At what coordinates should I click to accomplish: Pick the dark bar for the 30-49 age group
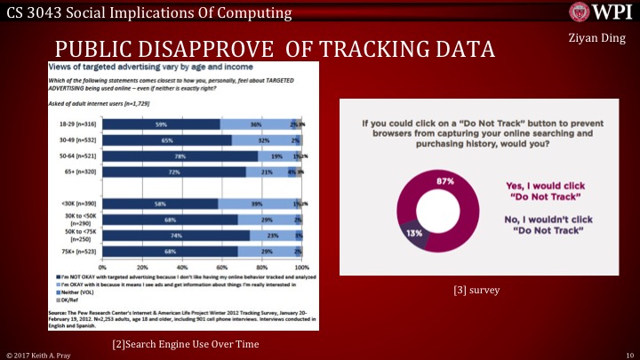coord(166,140)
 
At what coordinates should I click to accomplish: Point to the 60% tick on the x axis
coord(221,266)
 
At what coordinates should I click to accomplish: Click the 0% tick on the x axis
coord(102,266)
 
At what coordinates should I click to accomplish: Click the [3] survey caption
coord(480,290)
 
